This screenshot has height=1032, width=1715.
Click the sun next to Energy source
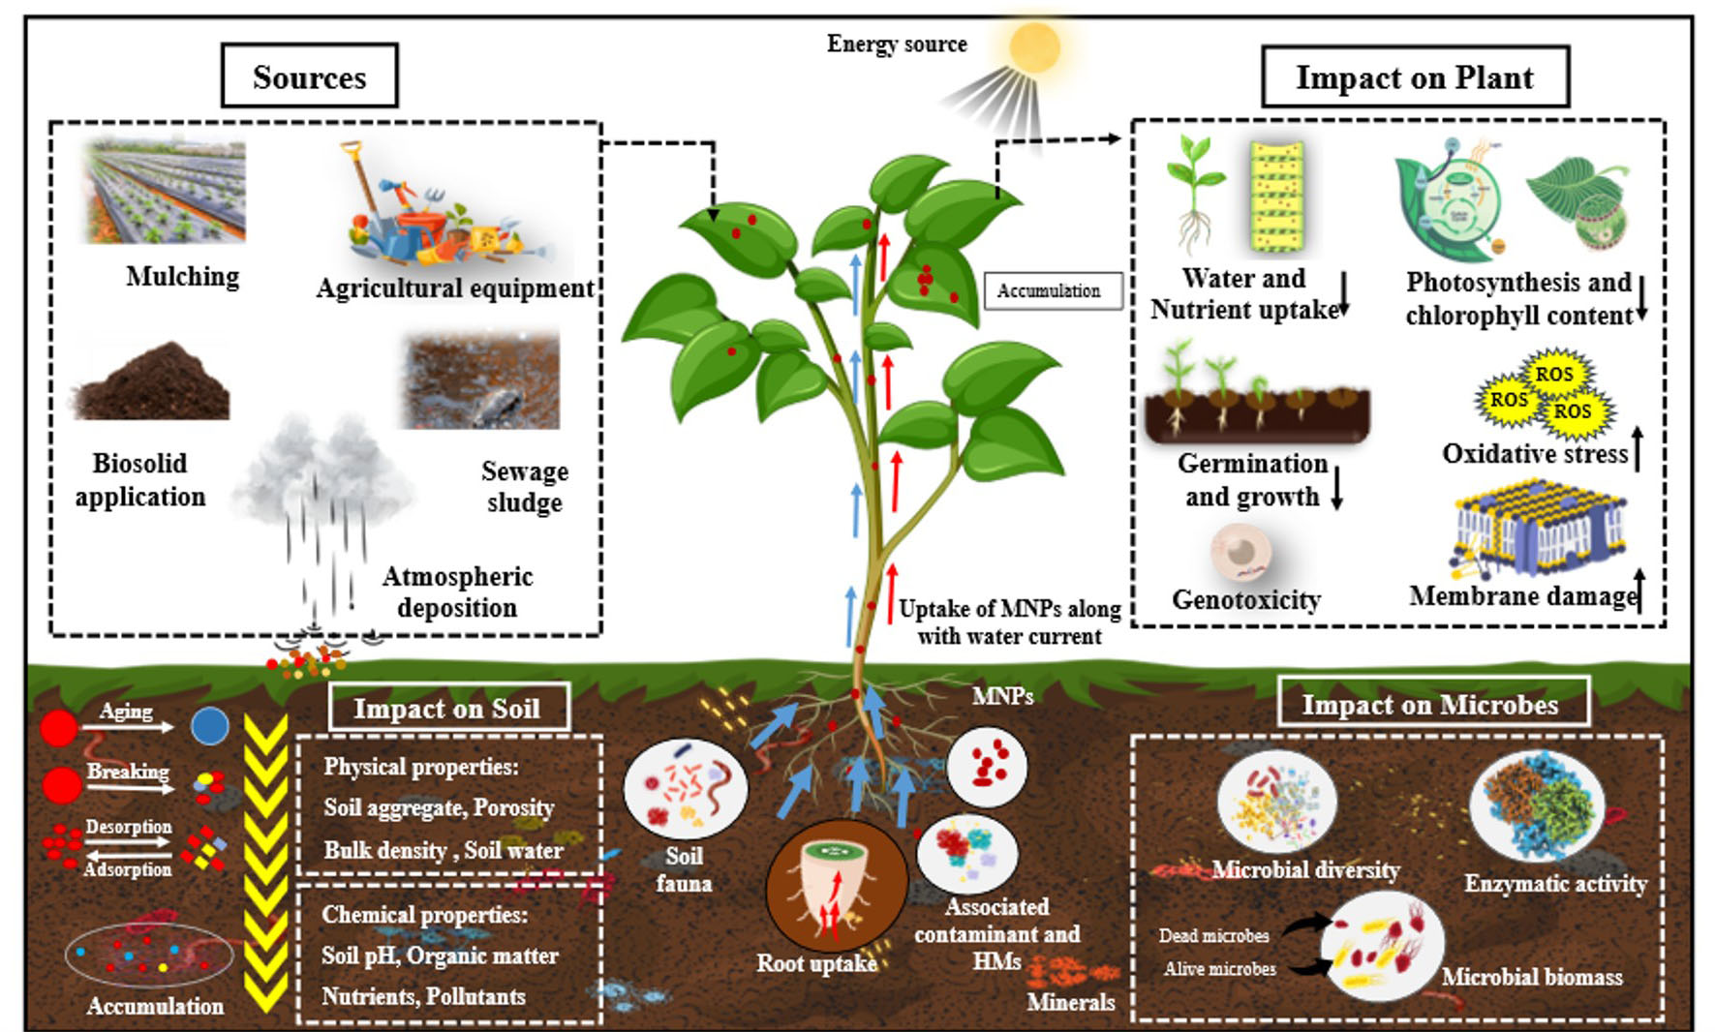point(1034,46)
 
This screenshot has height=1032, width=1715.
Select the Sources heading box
point(310,76)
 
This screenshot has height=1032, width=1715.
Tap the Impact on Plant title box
point(1415,76)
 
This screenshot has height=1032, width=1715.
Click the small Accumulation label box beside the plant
point(1053,290)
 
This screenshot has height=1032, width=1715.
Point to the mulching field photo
point(166,191)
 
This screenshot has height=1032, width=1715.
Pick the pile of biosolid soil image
point(152,379)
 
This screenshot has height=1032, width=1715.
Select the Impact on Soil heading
point(447,708)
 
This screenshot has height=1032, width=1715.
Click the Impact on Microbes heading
point(1430,703)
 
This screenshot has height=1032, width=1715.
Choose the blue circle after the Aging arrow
point(209,726)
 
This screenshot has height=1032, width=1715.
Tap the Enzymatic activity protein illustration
point(1536,806)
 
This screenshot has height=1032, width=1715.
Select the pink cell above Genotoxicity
point(1240,553)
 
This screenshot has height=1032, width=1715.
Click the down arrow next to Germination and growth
point(1336,488)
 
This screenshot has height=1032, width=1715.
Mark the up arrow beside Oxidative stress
point(1638,448)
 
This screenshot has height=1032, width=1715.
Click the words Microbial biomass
point(1532,977)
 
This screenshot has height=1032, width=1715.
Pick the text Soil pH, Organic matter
point(440,956)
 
